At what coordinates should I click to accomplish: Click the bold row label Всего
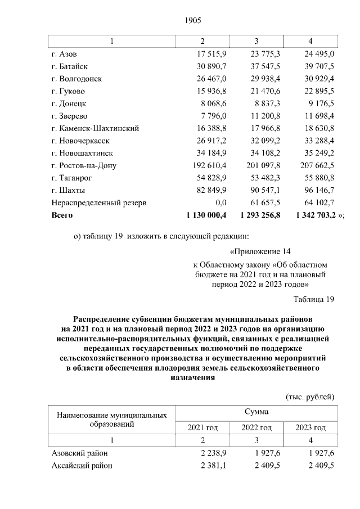coord(62,215)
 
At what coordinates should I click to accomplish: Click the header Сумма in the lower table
coord(256,412)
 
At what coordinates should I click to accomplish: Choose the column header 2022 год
coord(256,427)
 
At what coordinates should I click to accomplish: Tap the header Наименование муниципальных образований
coord(111,420)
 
